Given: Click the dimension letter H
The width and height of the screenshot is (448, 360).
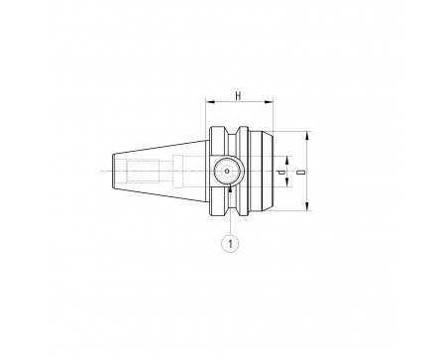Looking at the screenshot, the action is point(238,96).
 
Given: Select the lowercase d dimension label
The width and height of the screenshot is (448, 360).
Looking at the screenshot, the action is point(281,173).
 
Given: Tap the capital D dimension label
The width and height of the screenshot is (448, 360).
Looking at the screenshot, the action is point(300,173).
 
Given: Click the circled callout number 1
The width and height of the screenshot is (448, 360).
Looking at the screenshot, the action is point(230,244).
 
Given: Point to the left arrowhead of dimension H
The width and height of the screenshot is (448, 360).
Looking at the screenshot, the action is point(210,102).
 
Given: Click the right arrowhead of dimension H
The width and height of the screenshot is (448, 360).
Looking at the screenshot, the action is point(269,102).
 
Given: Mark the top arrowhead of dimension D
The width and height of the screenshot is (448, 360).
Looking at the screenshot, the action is point(307,136).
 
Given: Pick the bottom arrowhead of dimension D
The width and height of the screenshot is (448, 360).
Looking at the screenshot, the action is point(307,206).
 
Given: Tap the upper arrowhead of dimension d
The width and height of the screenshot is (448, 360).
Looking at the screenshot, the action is point(287,161).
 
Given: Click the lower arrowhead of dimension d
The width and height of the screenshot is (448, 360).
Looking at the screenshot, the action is point(287,182).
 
